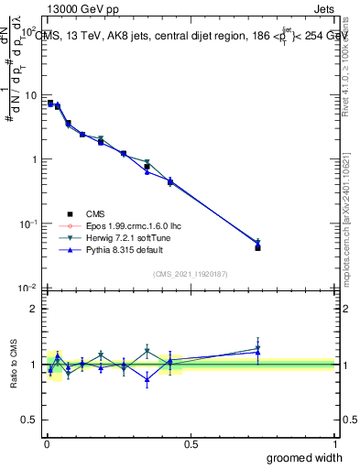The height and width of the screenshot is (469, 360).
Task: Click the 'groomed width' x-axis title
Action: click(306, 457)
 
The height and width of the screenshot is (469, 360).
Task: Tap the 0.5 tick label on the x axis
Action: click(191, 443)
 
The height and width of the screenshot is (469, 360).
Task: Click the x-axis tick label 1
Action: click(334, 443)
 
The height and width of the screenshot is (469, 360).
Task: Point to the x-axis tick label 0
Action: click(46, 443)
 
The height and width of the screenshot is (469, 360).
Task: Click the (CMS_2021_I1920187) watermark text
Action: click(191, 274)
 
